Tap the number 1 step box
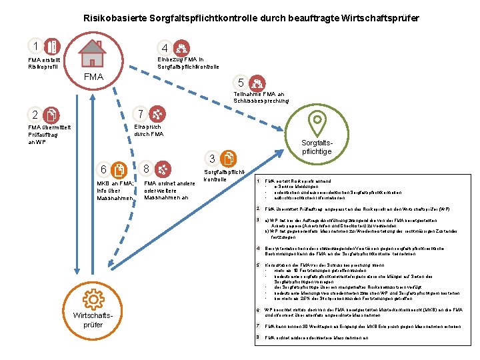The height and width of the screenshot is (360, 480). [x=34, y=47]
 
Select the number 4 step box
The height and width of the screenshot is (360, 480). [x=164, y=48]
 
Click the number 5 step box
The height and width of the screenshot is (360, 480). [x=241, y=83]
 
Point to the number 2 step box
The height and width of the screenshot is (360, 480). [x=34, y=115]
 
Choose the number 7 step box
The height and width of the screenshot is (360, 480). [x=137, y=114]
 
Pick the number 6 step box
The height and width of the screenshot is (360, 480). [x=103, y=169]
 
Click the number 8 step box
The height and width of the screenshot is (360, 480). [x=146, y=169]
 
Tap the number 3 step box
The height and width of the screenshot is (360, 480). [x=211, y=159]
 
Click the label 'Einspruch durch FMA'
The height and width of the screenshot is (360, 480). [x=148, y=130]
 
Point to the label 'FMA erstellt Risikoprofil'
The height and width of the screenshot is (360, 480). [x=45, y=63]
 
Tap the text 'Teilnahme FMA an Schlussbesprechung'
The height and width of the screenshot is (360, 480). [x=261, y=97]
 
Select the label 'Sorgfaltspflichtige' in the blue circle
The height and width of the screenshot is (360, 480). [x=317, y=147]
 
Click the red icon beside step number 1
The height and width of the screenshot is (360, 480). [x=53, y=47]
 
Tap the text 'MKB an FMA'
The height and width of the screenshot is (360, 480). [x=115, y=183]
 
